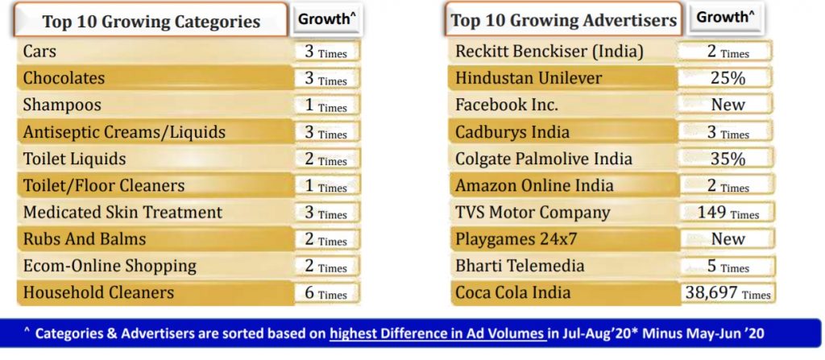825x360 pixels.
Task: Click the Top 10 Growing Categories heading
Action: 151,21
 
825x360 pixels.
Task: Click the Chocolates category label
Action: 64,78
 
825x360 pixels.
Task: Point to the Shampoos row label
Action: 62,105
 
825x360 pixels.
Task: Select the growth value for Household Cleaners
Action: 325,293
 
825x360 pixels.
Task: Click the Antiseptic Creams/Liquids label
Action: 124,131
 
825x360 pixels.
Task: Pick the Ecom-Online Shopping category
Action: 110,266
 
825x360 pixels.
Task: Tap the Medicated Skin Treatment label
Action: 122,213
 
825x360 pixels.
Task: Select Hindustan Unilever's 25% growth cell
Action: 728,78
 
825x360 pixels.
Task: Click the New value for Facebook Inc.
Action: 728,105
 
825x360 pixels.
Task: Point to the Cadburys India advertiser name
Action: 512,132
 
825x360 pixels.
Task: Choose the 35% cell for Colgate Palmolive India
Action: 728,159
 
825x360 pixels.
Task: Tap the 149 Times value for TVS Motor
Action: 728,213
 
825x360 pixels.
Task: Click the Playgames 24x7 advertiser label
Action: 516,239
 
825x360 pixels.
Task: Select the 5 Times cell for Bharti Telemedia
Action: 728,266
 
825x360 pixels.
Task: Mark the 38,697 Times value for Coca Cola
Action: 728,293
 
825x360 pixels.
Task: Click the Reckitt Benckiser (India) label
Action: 549,52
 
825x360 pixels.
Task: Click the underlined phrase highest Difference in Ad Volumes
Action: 438,333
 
